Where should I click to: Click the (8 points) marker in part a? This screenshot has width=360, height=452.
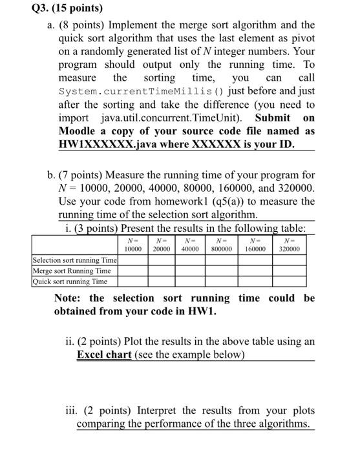[x=81, y=25]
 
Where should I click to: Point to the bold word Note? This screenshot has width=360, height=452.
[x=69, y=298]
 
